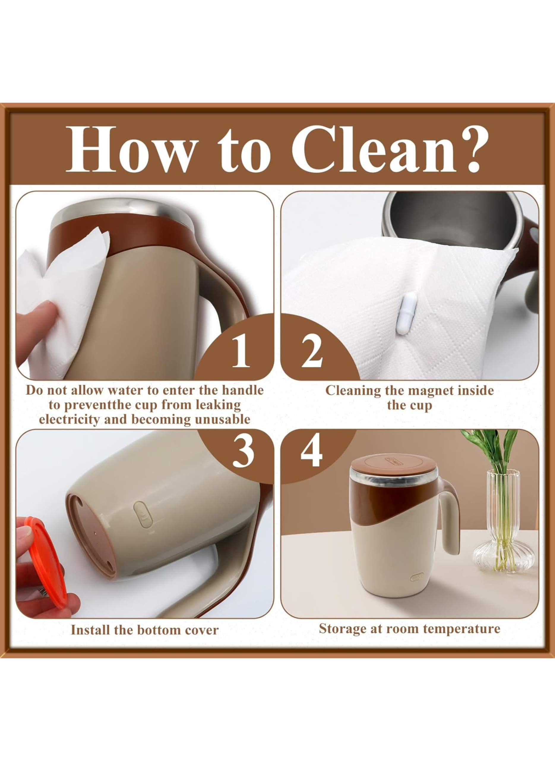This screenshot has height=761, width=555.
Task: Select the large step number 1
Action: [241, 351]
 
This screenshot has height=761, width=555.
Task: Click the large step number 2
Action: [312, 351]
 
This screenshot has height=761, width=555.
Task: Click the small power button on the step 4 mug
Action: [417, 577]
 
